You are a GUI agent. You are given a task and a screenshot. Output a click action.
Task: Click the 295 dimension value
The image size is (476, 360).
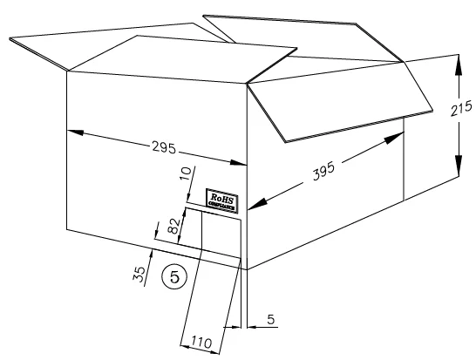pos(164,147)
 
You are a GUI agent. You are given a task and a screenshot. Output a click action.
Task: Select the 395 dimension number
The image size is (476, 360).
pos(323,171)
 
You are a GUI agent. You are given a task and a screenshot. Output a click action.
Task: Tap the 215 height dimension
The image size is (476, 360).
pos(461,108)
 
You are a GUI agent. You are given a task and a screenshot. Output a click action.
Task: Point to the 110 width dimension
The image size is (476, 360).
pos(201,343)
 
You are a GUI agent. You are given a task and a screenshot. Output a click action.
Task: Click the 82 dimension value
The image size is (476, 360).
pos(173,226)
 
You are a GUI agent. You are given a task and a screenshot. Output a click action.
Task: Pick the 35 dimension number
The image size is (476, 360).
pos(139,275)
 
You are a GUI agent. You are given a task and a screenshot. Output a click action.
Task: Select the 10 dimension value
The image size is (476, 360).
pos(186,173)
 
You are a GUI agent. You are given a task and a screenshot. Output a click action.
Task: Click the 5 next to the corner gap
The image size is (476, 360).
pos(271,319)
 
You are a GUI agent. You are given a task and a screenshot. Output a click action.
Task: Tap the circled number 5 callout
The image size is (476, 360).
pos(174,276)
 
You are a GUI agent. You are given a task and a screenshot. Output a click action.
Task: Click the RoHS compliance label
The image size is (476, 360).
pos(221,201)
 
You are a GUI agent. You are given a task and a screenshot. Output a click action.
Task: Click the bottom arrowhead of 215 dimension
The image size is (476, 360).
pos(459,166)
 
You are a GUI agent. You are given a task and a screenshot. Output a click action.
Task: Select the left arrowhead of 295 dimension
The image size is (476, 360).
pos(75,132)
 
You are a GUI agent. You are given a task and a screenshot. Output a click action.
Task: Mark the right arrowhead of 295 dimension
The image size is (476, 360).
pos(238,163)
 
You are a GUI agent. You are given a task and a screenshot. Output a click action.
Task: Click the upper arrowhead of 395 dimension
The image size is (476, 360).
pos(394,138)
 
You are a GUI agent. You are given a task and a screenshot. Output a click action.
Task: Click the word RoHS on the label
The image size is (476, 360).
pos(222,199)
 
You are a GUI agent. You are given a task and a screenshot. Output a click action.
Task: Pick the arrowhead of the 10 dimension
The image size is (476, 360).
pos(189,197)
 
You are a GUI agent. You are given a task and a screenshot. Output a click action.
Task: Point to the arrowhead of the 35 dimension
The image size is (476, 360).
pos(150,255)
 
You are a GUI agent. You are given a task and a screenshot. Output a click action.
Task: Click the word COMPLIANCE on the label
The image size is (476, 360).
pos(221,206)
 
